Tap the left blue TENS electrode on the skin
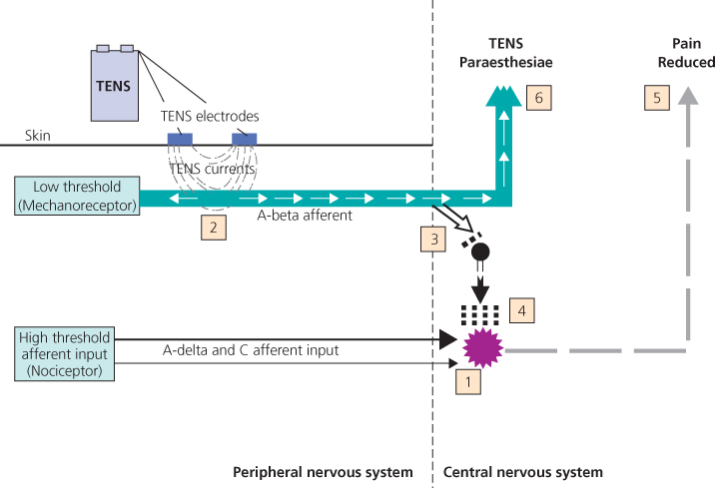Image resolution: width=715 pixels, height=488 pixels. point(180,138)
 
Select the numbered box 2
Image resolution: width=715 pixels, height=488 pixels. point(213,227)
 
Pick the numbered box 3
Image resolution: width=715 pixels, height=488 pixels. point(432,239)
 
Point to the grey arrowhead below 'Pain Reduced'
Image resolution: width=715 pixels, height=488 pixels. point(685,97)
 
